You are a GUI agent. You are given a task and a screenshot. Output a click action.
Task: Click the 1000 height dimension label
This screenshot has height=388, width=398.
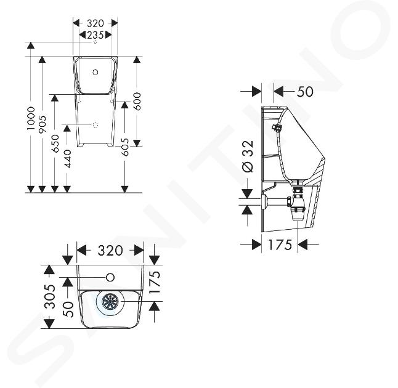coord(31,118)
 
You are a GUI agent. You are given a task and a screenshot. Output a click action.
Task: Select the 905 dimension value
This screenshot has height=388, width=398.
coord(42,124)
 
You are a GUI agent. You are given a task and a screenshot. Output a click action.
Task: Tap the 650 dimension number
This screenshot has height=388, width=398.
coord(55,143)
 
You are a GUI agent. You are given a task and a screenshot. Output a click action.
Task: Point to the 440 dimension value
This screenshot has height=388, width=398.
coord(67,159)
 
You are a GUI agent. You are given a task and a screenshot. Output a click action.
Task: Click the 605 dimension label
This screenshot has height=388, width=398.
coord(124,147)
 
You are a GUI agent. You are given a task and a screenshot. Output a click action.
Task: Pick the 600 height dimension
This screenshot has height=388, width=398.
coord(137,101)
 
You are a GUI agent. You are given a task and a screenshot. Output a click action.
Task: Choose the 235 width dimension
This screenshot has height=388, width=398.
coord(95,35)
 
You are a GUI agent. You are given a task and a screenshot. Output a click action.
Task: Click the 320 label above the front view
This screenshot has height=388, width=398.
coord(95,23)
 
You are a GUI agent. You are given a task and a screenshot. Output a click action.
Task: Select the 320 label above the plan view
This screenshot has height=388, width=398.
coord(110,251)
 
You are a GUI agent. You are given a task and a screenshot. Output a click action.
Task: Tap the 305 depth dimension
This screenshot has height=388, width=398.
coord(49,296)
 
